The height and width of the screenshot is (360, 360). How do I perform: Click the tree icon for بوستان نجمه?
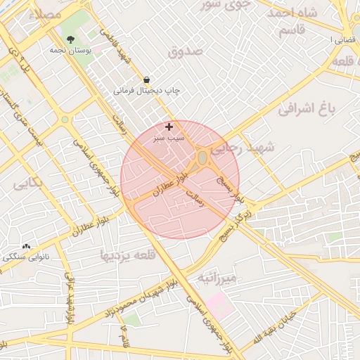point(69,40)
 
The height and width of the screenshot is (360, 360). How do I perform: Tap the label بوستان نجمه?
point(69,51)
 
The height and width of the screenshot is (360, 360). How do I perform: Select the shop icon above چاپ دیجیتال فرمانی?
point(146,80)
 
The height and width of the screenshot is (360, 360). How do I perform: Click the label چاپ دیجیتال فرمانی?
point(148,91)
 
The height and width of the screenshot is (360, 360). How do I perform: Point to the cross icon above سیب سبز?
point(169,127)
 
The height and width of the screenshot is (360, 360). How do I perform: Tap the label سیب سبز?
point(169,139)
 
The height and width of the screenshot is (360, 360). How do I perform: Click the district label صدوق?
point(186,51)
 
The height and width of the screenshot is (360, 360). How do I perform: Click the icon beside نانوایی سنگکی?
point(27,246)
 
